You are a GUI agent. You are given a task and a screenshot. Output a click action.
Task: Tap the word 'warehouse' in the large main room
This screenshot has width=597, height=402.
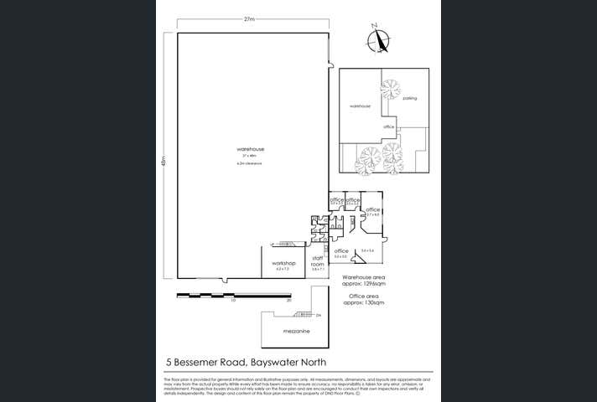pyautogui.click(x=251, y=149)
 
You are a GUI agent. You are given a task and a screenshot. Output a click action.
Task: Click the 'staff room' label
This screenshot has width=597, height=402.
pyautogui.click(x=318, y=261)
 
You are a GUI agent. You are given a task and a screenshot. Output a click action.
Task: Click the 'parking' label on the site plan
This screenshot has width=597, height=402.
pyautogui.click(x=409, y=98)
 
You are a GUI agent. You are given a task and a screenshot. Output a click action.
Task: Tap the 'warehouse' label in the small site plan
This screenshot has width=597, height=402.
pyautogui.click(x=360, y=106)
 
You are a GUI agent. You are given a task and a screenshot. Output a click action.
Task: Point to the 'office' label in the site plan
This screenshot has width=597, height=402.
pyautogui.click(x=388, y=126)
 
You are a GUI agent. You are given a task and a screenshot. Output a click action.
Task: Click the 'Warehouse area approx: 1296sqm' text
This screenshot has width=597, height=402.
pyautogui.click(x=364, y=279)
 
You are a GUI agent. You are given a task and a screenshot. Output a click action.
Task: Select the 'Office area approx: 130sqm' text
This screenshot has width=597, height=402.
pyautogui.click(x=365, y=299)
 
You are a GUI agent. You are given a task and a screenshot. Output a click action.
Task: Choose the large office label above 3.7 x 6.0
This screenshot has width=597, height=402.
pyautogui.click(x=373, y=209)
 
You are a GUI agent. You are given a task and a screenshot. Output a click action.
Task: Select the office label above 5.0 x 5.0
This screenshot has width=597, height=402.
pyautogui.click(x=341, y=250)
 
